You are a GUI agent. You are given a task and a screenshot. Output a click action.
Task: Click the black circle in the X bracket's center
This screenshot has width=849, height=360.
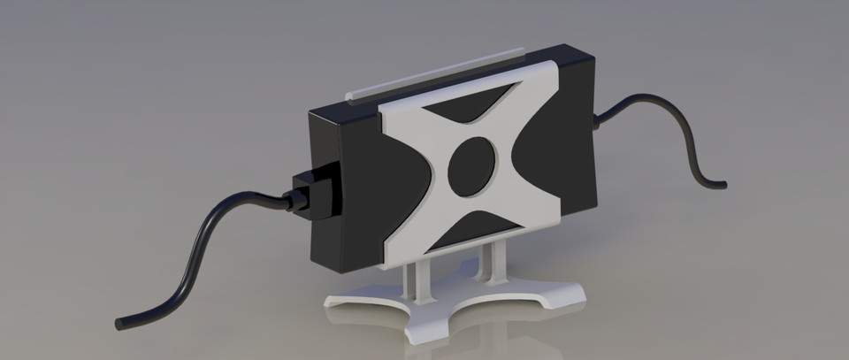point(475,165)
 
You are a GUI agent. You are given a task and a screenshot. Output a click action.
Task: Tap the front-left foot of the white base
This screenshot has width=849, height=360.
point(340,300)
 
